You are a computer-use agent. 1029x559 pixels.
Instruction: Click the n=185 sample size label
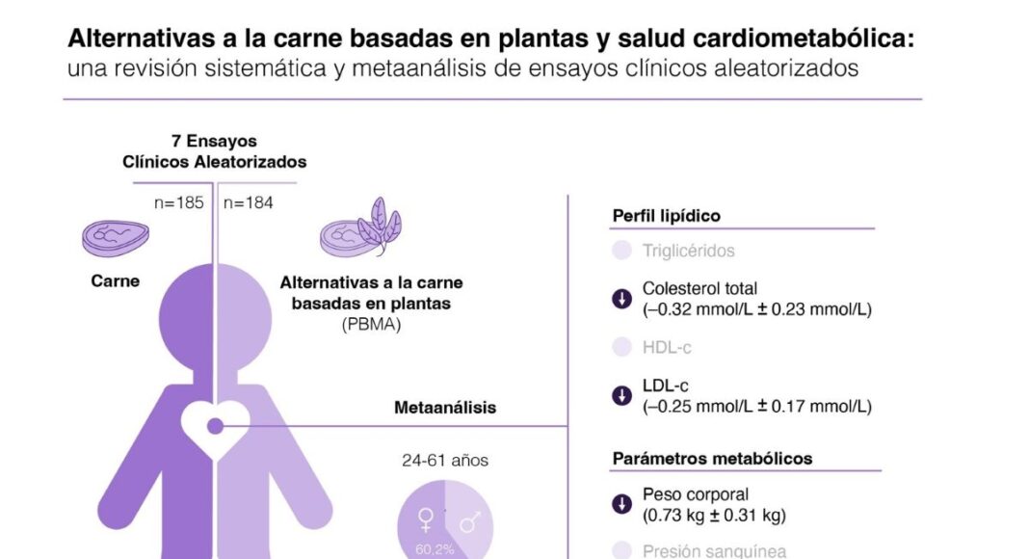pos(179,203)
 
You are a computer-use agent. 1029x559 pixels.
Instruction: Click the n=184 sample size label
pos(249,203)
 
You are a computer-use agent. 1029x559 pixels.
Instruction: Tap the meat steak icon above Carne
pos(116,237)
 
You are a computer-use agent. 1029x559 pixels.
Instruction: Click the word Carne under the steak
pos(116,281)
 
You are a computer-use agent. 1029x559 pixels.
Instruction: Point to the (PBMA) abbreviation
pos(371,326)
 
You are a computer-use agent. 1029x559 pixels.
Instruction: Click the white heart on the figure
pos(214,424)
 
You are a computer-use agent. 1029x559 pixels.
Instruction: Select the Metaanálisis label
pos(445,408)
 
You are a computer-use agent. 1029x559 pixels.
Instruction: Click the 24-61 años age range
pos(445,461)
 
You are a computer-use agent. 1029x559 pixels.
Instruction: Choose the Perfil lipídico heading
pos(667,216)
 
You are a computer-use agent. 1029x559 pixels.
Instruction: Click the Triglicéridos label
pos(688,252)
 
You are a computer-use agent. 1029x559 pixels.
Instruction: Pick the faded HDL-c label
pos(667,348)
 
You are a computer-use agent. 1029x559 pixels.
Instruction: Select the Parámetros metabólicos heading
pos(712,458)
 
